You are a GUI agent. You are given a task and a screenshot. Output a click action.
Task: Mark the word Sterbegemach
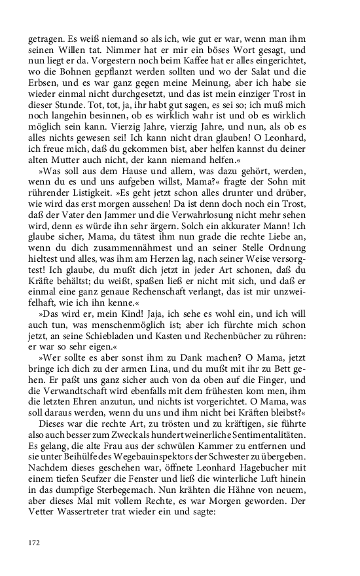(x=151, y=514)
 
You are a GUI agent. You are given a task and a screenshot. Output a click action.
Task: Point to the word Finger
(x=270, y=397)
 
